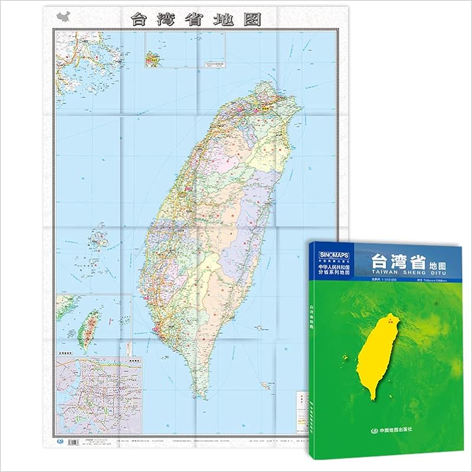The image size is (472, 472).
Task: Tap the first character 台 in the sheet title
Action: [x=139, y=18]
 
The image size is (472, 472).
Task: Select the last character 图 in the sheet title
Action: [x=254, y=18]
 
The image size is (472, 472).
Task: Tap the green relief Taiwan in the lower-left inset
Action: [x=90, y=327]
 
